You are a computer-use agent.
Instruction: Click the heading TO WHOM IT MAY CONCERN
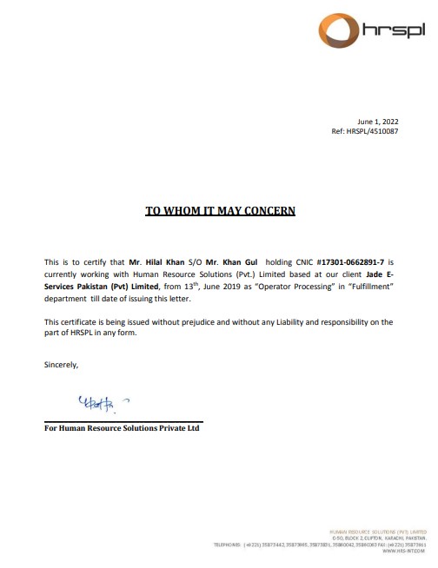coord(219,210)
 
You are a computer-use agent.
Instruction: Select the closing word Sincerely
coord(62,365)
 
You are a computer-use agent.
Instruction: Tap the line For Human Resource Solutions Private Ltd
coord(123,428)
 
